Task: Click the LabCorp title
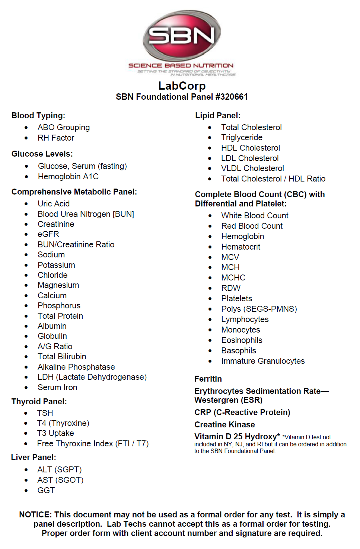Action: click(182, 86)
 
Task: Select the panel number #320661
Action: click(232, 97)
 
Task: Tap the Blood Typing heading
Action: click(38, 116)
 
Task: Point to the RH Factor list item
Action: click(56, 138)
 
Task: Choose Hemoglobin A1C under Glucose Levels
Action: click(68, 177)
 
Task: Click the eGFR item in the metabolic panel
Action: click(48, 234)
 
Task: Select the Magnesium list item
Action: click(58, 285)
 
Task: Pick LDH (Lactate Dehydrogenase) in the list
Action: click(92, 377)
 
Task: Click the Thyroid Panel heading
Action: click(39, 402)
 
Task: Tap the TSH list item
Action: click(45, 413)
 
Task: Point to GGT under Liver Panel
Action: click(46, 491)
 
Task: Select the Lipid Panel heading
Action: click(218, 116)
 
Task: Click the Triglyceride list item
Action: click(242, 138)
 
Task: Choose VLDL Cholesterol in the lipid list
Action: click(252, 168)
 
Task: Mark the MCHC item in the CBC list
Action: click(233, 278)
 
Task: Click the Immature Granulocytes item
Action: click(263, 361)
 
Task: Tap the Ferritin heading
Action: click(208, 379)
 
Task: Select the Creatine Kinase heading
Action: click(224, 425)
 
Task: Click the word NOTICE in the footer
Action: click(35, 515)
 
